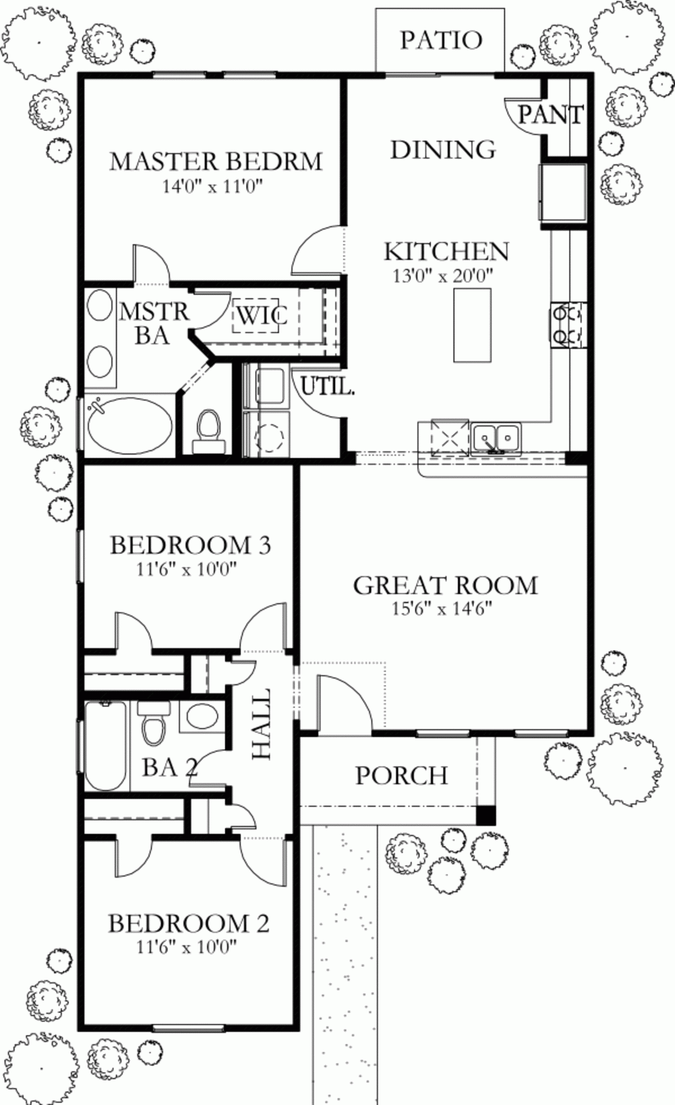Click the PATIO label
pyautogui.click(x=441, y=40)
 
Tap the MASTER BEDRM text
pyautogui.click(x=216, y=161)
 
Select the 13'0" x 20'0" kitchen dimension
pyautogui.click(x=444, y=276)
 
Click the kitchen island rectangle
pyautogui.click(x=472, y=324)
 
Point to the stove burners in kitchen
pyautogui.click(x=568, y=324)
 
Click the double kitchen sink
pyautogui.click(x=496, y=438)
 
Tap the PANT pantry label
pyautogui.click(x=550, y=115)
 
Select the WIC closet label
pyautogui.click(x=261, y=315)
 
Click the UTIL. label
pyautogui.click(x=328, y=387)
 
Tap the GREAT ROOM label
pyautogui.click(x=446, y=585)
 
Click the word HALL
pyautogui.click(x=262, y=724)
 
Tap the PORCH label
pyautogui.click(x=401, y=775)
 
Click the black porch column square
pyautogui.click(x=485, y=815)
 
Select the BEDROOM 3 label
pyautogui.click(x=190, y=545)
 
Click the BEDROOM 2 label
pyautogui.click(x=189, y=923)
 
